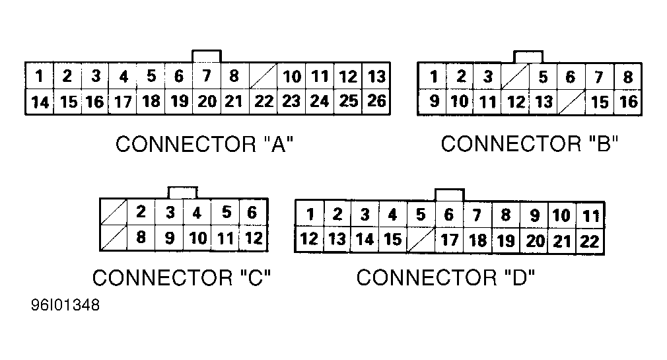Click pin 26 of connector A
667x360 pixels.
click(x=376, y=102)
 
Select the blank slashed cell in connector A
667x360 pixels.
click(x=264, y=77)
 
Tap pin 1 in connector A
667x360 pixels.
click(x=40, y=77)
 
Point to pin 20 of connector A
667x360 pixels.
click(x=207, y=102)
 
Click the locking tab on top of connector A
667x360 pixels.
click(x=206, y=56)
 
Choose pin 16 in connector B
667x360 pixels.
click(x=628, y=102)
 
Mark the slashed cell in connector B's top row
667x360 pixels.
click(x=515, y=77)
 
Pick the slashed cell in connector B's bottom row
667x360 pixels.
click(x=572, y=102)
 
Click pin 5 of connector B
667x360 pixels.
click(x=543, y=77)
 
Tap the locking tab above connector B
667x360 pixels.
click(x=528, y=56)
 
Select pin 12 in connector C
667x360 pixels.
click(x=254, y=238)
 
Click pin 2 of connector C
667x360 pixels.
click(x=141, y=213)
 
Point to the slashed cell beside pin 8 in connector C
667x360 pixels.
click(x=113, y=238)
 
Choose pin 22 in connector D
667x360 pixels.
click(x=589, y=240)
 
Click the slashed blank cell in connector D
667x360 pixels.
click(x=421, y=239)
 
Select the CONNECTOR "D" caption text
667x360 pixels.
click(x=445, y=278)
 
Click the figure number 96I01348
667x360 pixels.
click(x=65, y=307)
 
